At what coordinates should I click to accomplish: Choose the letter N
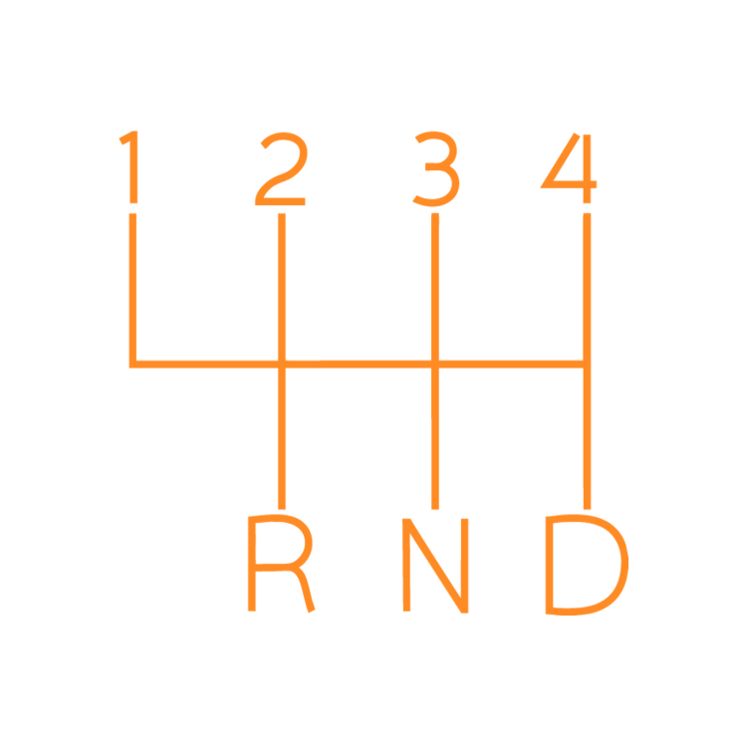pyautogui.click(x=435, y=565)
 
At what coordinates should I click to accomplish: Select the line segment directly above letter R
pyautogui.click(x=282, y=438)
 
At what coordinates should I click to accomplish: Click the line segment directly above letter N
pyautogui.click(x=435, y=438)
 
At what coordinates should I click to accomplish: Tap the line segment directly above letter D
pyautogui.click(x=587, y=438)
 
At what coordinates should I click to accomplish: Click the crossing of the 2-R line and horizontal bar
pyautogui.click(x=282, y=365)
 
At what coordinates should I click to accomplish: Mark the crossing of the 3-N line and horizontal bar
pyautogui.click(x=435, y=365)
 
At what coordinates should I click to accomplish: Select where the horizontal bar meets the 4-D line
pyautogui.click(x=587, y=365)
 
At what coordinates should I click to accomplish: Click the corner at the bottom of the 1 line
pyautogui.click(x=132, y=365)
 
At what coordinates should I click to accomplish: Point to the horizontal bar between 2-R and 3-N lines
pyautogui.click(x=359, y=365)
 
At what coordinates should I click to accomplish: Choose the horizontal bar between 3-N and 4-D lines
pyautogui.click(x=511, y=365)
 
